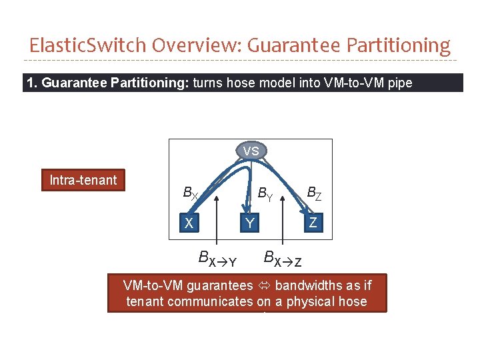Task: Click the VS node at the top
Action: coord(251,151)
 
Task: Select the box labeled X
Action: coord(189,223)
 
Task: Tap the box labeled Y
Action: coord(249,223)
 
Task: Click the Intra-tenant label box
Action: coord(83,180)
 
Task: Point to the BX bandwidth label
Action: coord(190,194)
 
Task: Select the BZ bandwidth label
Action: coord(314,194)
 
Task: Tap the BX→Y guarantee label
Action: coord(217,258)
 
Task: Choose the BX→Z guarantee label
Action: coord(283,258)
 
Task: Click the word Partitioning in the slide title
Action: coord(403,45)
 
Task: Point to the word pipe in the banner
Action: coord(398,83)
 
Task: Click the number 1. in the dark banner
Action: coord(32,83)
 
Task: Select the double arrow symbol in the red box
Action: coord(264,286)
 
